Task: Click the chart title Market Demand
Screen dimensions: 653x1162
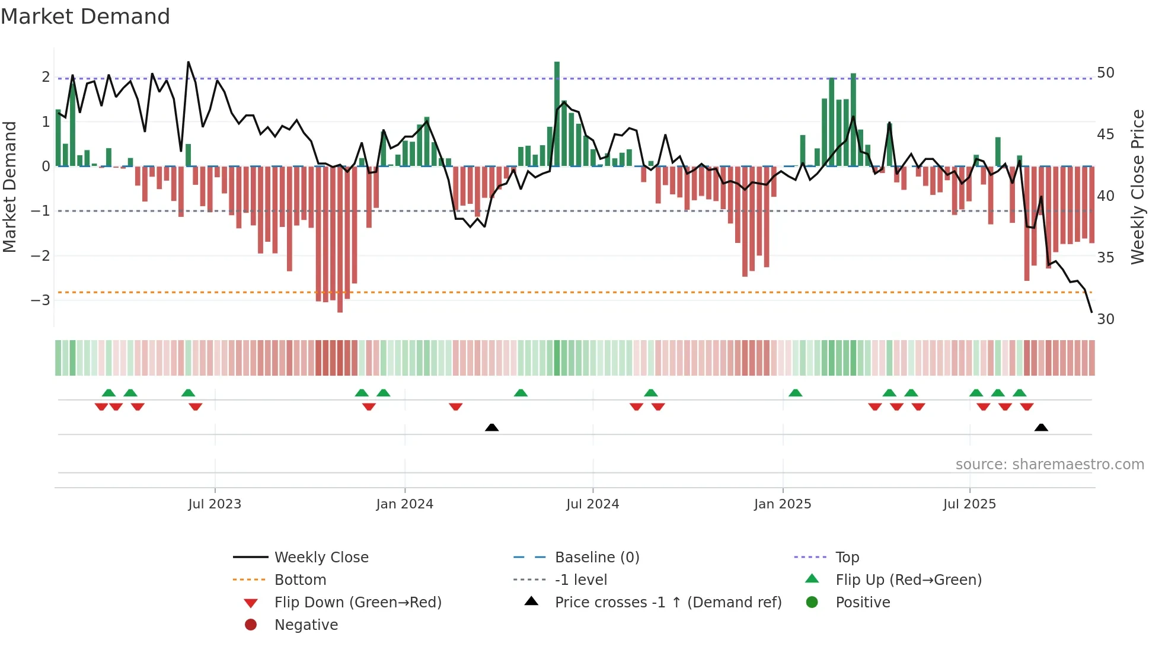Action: pyautogui.click(x=85, y=17)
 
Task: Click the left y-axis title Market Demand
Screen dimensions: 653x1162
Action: pyautogui.click(x=10, y=187)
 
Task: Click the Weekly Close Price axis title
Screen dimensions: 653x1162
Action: pyautogui.click(x=1137, y=187)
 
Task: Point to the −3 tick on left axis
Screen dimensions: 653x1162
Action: pyautogui.click(x=40, y=300)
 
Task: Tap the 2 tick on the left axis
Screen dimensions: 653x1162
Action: pyautogui.click(x=46, y=76)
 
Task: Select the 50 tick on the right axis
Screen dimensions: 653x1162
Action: pyautogui.click(x=1105, y=72)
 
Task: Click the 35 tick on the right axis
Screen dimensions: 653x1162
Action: pyautogui.click(x=1105, y=257)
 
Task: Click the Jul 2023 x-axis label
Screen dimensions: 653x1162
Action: pyautogui.click(x=215, y=504)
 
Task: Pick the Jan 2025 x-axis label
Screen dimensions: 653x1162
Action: pyautogui.click(x=783, y=504)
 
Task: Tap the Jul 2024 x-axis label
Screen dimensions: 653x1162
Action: pyautogui.click(x=592, y=504)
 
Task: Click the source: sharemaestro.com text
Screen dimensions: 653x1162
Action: pyautogui.click(x=1049, y=465)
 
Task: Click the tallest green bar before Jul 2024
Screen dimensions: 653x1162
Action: pyautogui.click(x=557, y=113)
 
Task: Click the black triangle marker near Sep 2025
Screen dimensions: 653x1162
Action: pyautogui.click(x=1041, y=427)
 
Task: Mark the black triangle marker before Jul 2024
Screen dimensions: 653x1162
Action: pyautogui.click(x=491, y=427)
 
